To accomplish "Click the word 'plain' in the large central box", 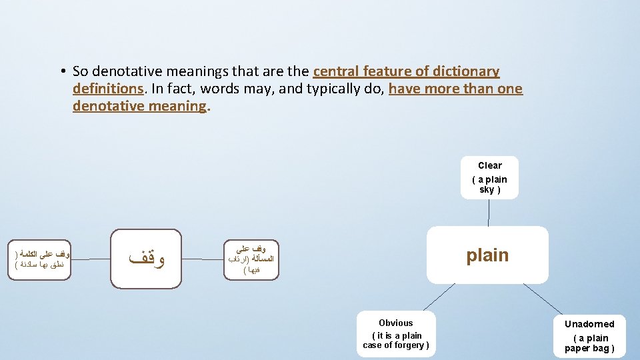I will point(487,255).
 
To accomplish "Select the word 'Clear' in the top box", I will point(489,165).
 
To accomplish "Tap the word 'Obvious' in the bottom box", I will point(396,323).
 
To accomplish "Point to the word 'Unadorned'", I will point(589,324).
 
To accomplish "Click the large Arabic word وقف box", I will point(145,259).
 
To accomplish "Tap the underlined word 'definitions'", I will point(108,89).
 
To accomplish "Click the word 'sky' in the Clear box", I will point(487,189).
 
